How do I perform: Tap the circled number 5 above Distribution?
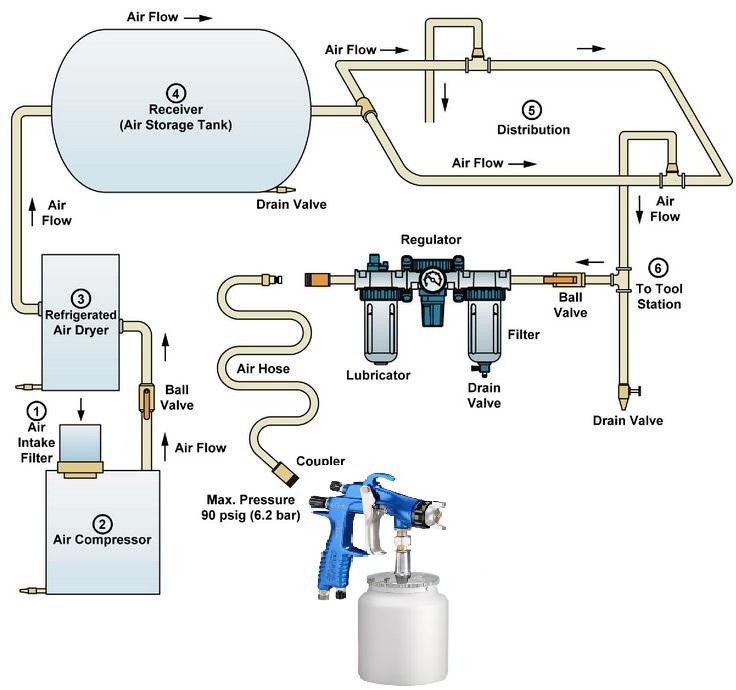(x=531, y=109)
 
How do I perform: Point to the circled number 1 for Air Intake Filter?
(x=37, y=410)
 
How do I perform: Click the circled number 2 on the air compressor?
(x=101, y=523)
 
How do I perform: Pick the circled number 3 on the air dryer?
(x=82, y=297)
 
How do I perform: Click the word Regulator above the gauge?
(x=431, y=240)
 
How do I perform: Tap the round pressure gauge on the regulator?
(x=434, y=279)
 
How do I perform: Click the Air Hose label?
(x=263, y=368)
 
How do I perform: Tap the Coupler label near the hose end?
(x=321, y=461)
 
